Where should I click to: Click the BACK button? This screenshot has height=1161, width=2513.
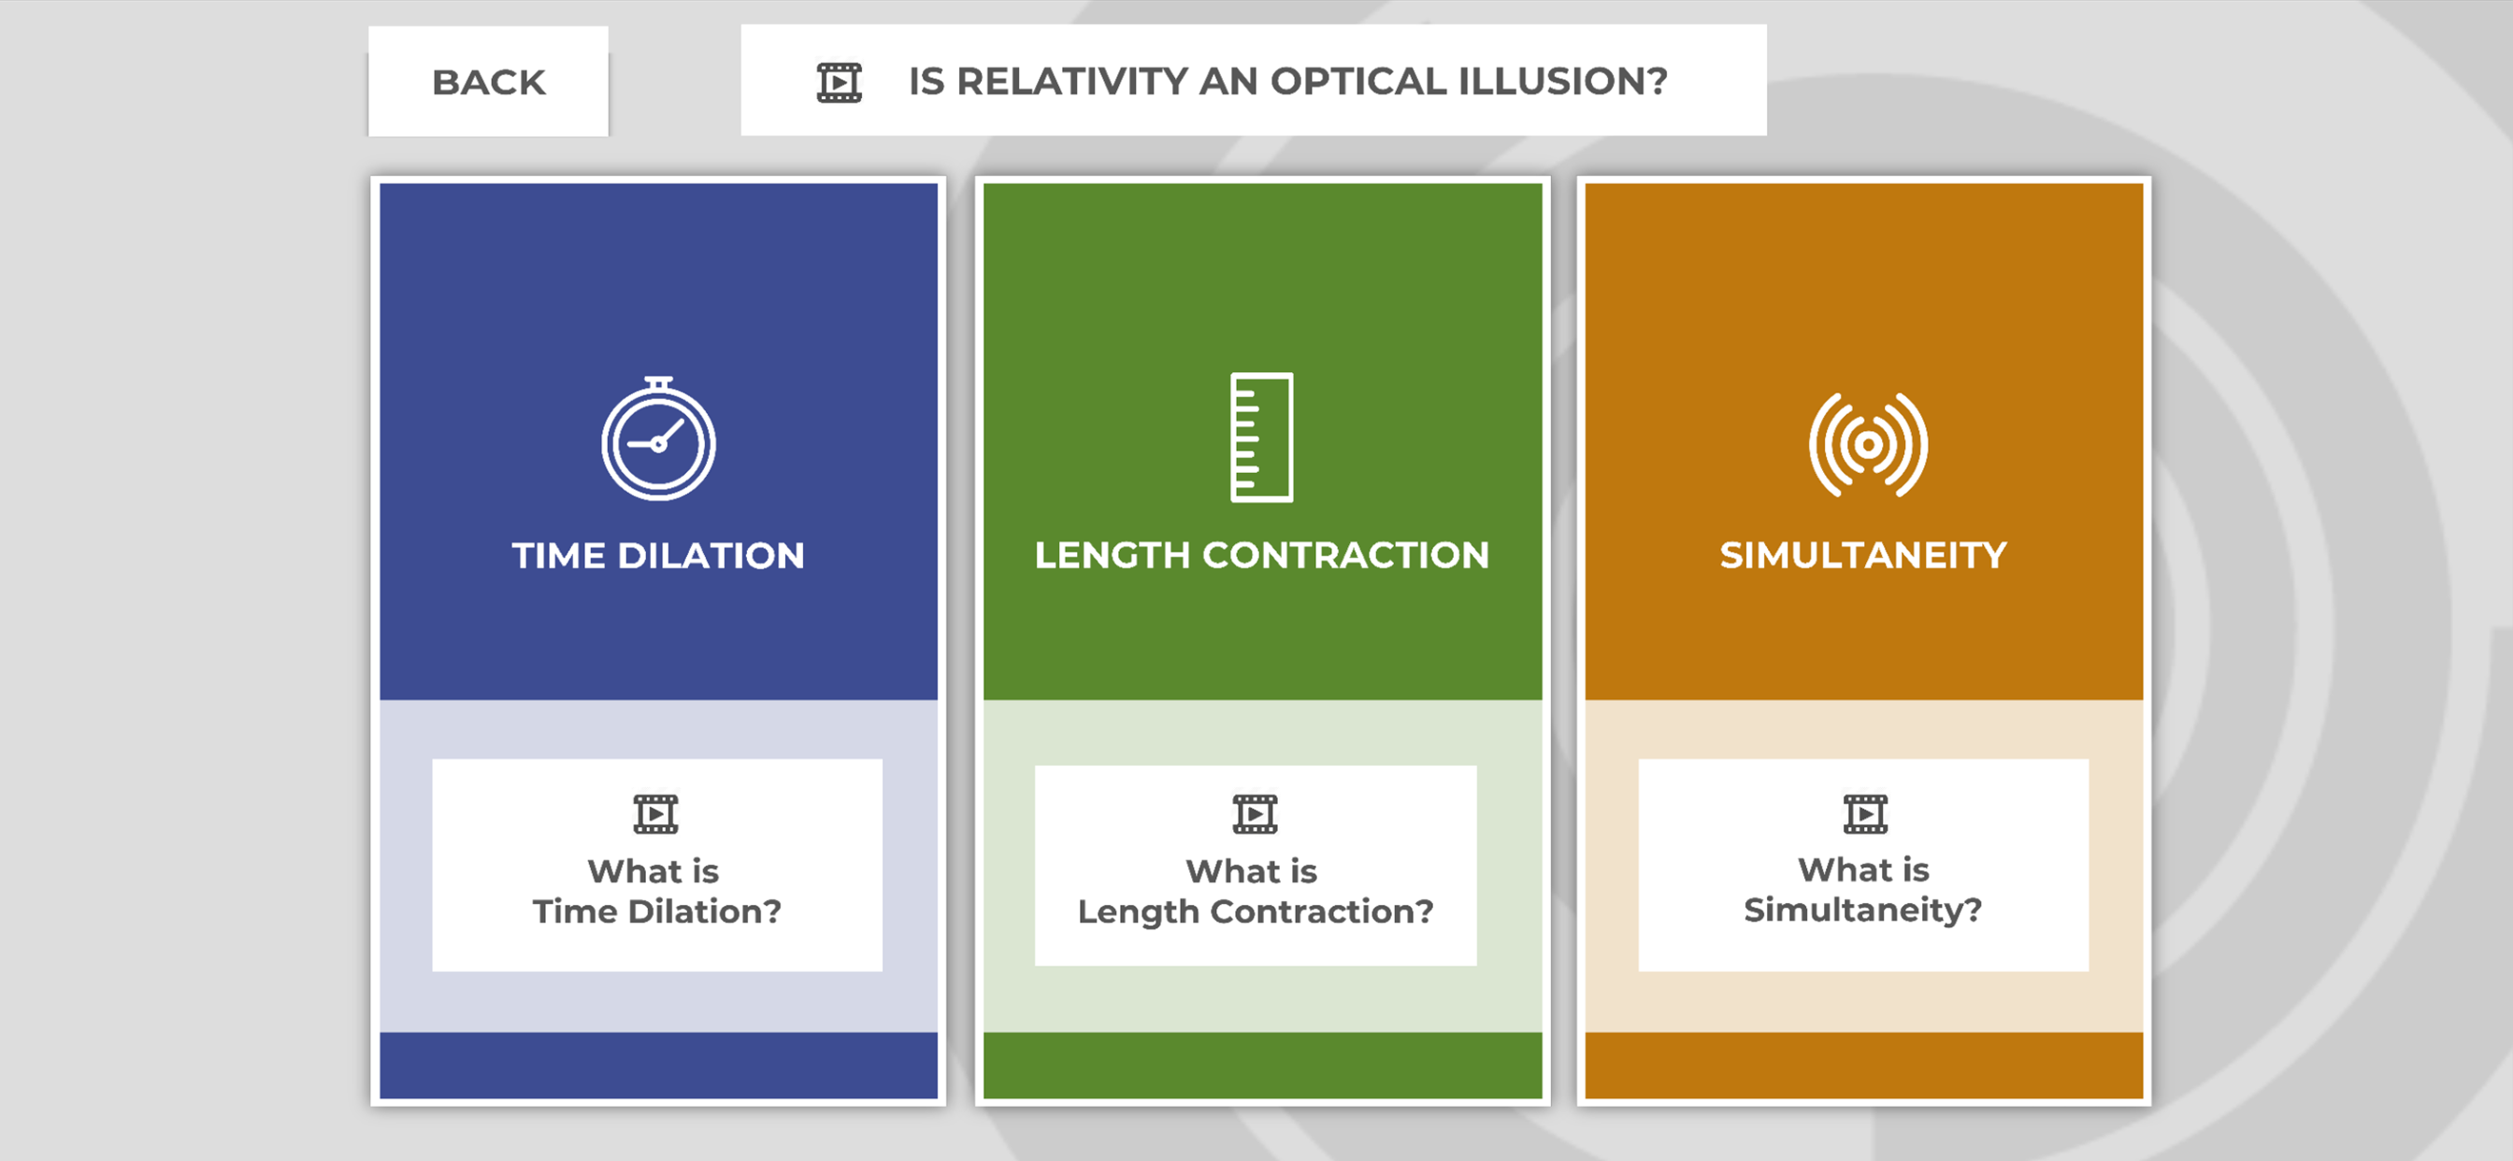(x=488, y=81)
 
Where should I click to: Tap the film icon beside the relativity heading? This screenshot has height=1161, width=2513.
(x=839, y=82)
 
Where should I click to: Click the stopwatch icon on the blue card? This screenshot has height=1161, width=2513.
(x=658, y=438)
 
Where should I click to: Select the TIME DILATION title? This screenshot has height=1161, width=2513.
(x=658, y=555)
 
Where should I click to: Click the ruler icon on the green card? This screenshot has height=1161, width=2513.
(x=1261, y=437)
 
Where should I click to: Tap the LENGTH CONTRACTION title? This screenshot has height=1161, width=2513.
(x=1261, y=555)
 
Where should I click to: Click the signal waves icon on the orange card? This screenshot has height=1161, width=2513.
(x=1867, y=445)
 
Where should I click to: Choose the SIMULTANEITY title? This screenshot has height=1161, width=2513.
(x=1863, y=555)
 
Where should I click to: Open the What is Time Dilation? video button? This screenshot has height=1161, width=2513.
(x=657, y=865)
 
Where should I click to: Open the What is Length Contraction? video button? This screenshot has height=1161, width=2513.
(x=1256, y=866)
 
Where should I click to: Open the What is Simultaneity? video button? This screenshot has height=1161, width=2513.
(x=1863, y=865)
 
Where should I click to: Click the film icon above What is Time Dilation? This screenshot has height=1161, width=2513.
(x=655, y=813)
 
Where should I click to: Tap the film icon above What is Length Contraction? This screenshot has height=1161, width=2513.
(x=1255, y=813)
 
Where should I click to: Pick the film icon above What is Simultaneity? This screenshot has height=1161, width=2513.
(x=1865, y=813)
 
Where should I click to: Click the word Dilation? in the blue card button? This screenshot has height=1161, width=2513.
(x=704, y=911)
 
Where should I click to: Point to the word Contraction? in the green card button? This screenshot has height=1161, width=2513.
(x=1322, y=911)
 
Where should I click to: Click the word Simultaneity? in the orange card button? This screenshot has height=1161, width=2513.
(x=1863, y=910)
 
